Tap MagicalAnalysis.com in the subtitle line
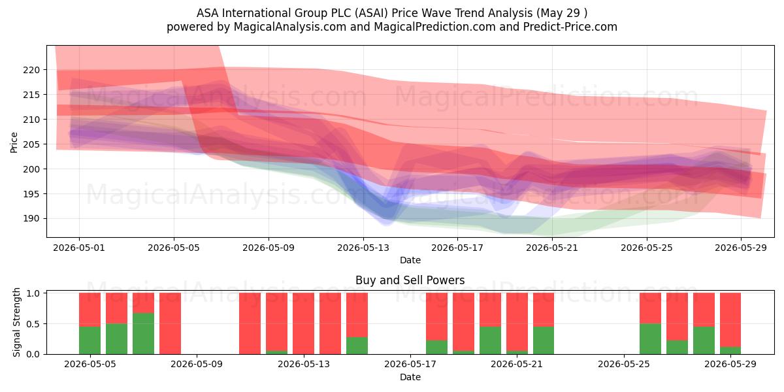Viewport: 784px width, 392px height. [290, 27]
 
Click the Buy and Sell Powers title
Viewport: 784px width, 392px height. [410, 280]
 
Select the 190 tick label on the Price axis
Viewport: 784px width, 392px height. [31, 219]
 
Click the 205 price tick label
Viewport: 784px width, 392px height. [31, 144]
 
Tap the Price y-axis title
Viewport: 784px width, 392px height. [14, 142]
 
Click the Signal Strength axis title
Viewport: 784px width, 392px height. [16, 322]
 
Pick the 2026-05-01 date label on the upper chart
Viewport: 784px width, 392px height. [79, 248]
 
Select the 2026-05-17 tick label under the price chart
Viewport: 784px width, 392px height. [457, 248]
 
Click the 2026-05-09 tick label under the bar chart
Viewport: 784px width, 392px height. [197, 364]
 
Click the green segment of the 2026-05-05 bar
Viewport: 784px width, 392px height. [90, 340]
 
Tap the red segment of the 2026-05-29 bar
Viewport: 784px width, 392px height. [730, 320]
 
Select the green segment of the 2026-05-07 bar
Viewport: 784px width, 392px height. [143, 334]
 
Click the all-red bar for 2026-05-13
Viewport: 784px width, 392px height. [303, 323]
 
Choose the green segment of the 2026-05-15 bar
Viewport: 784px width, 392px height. [357, 346]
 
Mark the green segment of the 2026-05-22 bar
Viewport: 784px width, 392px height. [544, 340]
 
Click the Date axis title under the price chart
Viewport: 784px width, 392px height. [410, 260]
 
